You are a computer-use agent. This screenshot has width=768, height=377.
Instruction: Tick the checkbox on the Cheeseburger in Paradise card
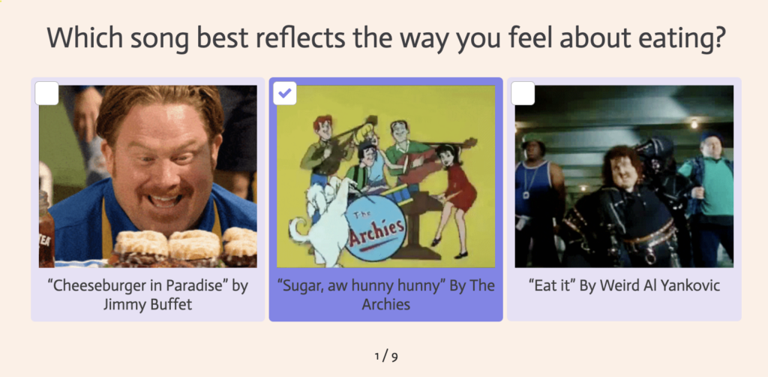click(x=47, y=93)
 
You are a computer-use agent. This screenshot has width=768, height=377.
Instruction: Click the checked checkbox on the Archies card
click(x=284, y=93)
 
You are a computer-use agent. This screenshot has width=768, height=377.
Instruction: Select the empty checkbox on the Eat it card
click(x=523, y=93)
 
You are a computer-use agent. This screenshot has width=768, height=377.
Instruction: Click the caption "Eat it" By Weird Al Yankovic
click(x=624, y=285)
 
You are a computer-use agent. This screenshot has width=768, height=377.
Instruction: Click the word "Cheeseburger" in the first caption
click(x=107, y=286)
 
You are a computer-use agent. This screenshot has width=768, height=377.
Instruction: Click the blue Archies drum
click(x=375, y=228)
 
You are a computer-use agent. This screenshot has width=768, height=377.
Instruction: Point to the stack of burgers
click(x=184, y=247)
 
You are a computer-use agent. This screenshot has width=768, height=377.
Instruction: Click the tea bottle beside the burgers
click(x=46, y=230)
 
